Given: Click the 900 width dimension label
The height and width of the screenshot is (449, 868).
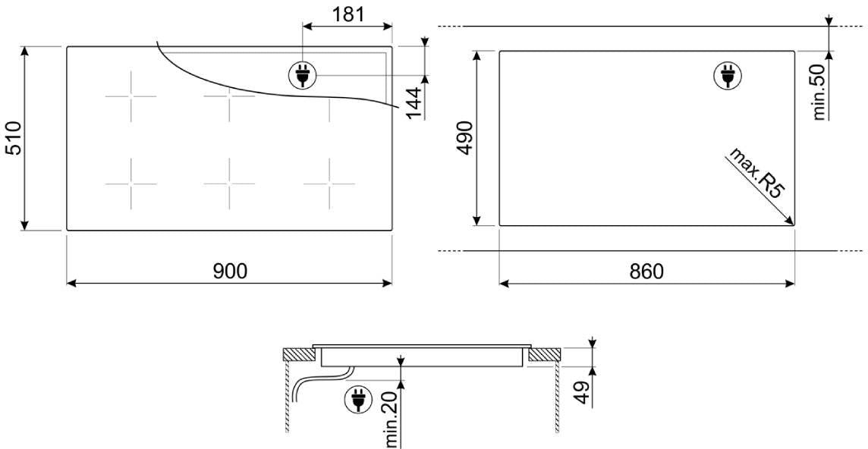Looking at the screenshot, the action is (231, 271).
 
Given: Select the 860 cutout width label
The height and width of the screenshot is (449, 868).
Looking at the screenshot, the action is (646, 272).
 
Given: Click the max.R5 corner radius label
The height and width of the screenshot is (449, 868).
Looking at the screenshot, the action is (756, 173).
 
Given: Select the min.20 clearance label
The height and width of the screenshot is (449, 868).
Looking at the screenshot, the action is (391, 419).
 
